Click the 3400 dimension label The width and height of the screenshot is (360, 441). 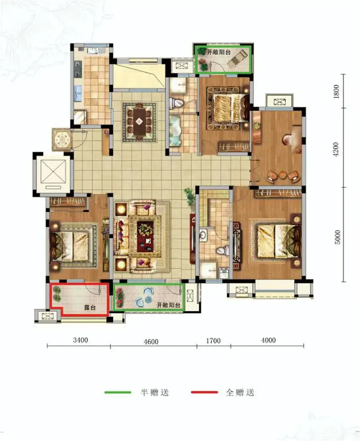tap(81, 340)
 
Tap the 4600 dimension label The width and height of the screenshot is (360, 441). tap(151, 342)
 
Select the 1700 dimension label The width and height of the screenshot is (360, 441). tap(213, 341)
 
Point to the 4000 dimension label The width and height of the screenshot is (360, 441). tap(268, 340)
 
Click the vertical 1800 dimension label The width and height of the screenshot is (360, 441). tap(336, 91)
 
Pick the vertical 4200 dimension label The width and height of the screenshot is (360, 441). tap(336, 149)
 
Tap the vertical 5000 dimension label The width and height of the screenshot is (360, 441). tap(337, 237)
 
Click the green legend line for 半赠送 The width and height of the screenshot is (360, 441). tap(118, 392)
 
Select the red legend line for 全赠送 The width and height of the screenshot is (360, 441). tap(204, 392)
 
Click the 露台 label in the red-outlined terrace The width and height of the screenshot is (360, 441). tap(90, 307)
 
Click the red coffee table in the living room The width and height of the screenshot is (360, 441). tap(145, 237)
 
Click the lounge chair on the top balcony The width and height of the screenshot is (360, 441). tap(238, 58)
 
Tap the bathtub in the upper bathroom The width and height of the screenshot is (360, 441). tap(175, 131)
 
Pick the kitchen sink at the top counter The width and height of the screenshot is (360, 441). tap(93, 51)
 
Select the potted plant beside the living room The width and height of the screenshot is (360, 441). tap(190, 196)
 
